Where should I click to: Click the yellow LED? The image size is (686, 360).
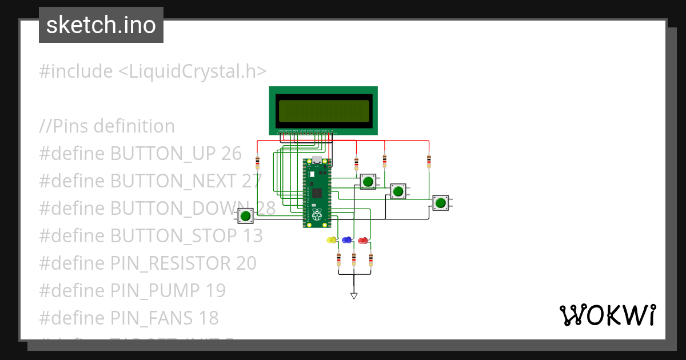tap(330, 239)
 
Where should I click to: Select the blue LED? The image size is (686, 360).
tap(346, 239)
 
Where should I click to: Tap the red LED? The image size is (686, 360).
tap(362, 239)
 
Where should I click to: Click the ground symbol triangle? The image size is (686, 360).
tap(354, 295)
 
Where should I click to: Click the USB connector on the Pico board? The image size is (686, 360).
tap(317, 161)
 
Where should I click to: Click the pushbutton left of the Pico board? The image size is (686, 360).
tap(246, 216)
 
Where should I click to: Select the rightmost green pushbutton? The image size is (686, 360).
tap(440, 202)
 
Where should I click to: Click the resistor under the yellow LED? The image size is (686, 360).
tap(338, 260)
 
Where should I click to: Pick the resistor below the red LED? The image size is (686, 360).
tap(370, 260)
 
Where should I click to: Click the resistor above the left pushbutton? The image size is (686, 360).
tap(257, 162)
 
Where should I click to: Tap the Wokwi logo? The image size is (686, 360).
tap(608, 315)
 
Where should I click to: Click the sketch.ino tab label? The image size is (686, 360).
tap(101, 25)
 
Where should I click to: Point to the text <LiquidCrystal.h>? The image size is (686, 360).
tap(193, 71)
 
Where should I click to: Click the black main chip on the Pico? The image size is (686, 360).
tap(317, 193)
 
